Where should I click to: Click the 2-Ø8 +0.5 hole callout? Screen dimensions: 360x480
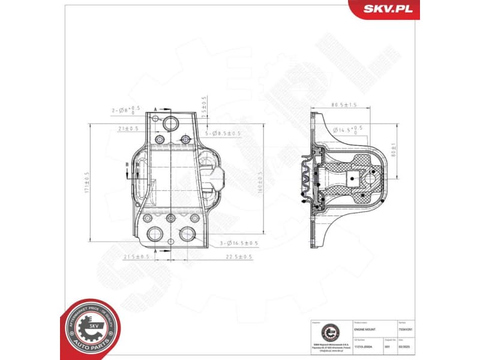point(125,110)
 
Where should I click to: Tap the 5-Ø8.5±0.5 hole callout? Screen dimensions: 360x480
point(223,133)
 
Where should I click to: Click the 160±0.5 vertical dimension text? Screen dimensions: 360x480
point(260,182)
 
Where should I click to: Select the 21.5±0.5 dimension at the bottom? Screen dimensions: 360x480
point(136,256)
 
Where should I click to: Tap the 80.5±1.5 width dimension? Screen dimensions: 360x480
point(344,105)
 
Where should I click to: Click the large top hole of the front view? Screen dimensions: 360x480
point(170,124)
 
